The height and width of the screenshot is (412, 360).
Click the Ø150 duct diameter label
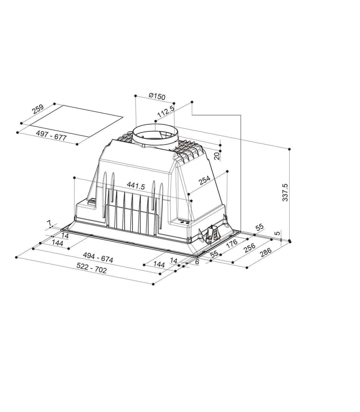click(157, 96)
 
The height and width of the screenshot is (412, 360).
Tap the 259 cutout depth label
click(38, 109)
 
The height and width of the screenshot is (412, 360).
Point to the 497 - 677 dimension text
click(51, 135)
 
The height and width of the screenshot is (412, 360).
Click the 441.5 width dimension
click(136, 186)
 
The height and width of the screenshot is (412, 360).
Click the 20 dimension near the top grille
click(217, 156)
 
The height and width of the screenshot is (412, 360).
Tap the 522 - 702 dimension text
click(91, 268)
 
